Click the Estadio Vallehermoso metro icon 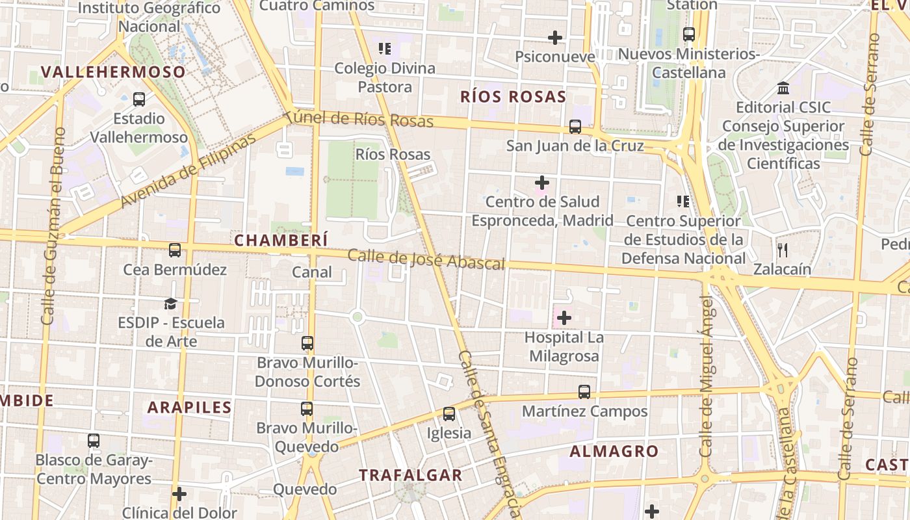(139, 99)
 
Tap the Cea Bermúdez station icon (175, 250)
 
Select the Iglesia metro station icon (448, 414)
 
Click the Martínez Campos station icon (584, 392)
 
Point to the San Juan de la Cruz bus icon (575, 127)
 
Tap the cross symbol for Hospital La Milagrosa (564, 318)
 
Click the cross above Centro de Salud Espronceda (541, 183)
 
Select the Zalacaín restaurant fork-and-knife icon (783, 250)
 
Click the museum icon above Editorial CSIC (783, 88)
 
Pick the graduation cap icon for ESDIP (170, 304)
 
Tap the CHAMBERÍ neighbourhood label (281, 240)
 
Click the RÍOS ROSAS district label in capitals (513, 97)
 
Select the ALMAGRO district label (614, 450)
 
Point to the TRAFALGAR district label (410, 475)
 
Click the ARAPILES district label (189, 408)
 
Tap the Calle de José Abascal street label (426, 259)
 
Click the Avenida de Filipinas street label (188, 172)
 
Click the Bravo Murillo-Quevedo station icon (307, 409)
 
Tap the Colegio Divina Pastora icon (385, 49)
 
